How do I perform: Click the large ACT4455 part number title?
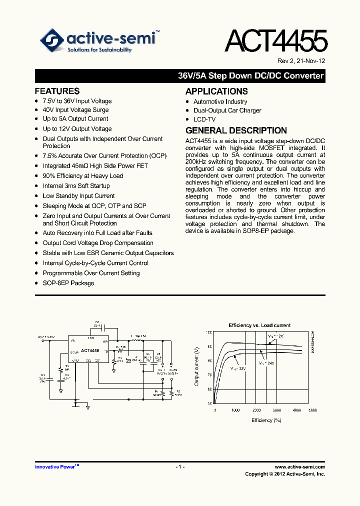276,42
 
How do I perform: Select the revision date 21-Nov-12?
309,61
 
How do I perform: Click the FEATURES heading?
57,91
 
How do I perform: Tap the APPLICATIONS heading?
216,91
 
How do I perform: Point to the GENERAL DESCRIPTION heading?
236,130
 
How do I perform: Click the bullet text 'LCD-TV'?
204,119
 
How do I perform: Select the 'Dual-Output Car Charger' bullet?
227,110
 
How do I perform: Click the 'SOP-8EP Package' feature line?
68,283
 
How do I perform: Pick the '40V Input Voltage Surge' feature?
75,110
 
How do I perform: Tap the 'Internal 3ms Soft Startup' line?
76,186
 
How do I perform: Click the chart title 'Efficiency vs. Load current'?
259,325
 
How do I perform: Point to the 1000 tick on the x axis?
236,409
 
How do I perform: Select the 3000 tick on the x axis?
277,409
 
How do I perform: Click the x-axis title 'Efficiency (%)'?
266,420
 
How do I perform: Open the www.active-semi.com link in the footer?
300,466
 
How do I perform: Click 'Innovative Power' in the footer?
55,466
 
